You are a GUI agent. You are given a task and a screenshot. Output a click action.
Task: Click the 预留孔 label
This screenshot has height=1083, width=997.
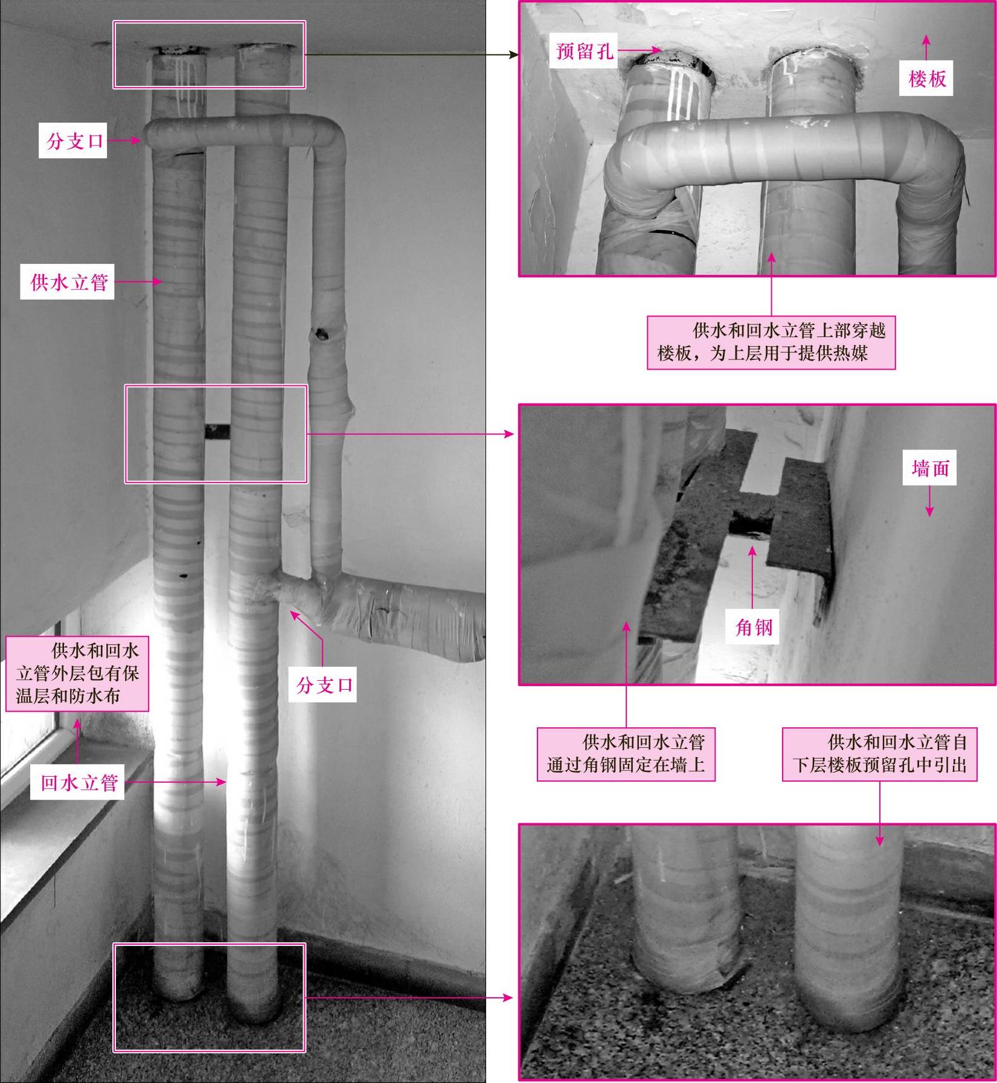coord(585,51)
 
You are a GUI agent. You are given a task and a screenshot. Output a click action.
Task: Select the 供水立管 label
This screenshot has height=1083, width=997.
coord(69,281)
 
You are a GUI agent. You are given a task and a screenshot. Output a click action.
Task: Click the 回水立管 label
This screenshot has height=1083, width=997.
coord(79,782)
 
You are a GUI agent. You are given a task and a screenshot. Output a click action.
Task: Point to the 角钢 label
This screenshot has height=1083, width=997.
coord(754,627)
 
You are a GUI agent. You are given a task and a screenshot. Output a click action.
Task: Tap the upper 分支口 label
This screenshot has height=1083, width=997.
coord(73,141)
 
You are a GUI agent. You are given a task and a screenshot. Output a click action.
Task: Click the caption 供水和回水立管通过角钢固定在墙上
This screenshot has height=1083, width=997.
coord(626,754)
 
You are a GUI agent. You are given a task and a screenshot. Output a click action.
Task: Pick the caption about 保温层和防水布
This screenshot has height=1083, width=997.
coord(77,673)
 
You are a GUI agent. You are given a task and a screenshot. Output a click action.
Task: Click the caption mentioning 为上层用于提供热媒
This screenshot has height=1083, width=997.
coord(771,342)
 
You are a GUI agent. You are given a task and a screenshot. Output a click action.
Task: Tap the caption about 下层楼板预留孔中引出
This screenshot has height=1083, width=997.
coord(879,754)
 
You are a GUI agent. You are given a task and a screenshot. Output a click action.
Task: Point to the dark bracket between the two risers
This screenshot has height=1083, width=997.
coord(217,431)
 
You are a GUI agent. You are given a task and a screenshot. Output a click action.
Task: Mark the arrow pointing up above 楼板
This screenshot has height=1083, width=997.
coord(926,47)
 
